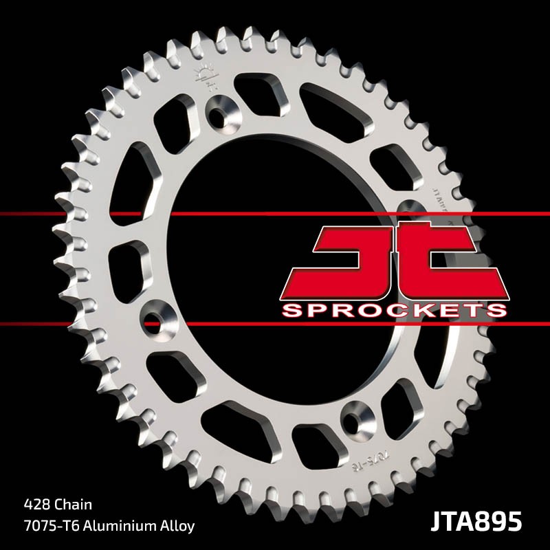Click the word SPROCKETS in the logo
pyautogui.click(x=394, y=310)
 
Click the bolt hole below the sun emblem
pyautogui.click(x=221, y=109)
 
